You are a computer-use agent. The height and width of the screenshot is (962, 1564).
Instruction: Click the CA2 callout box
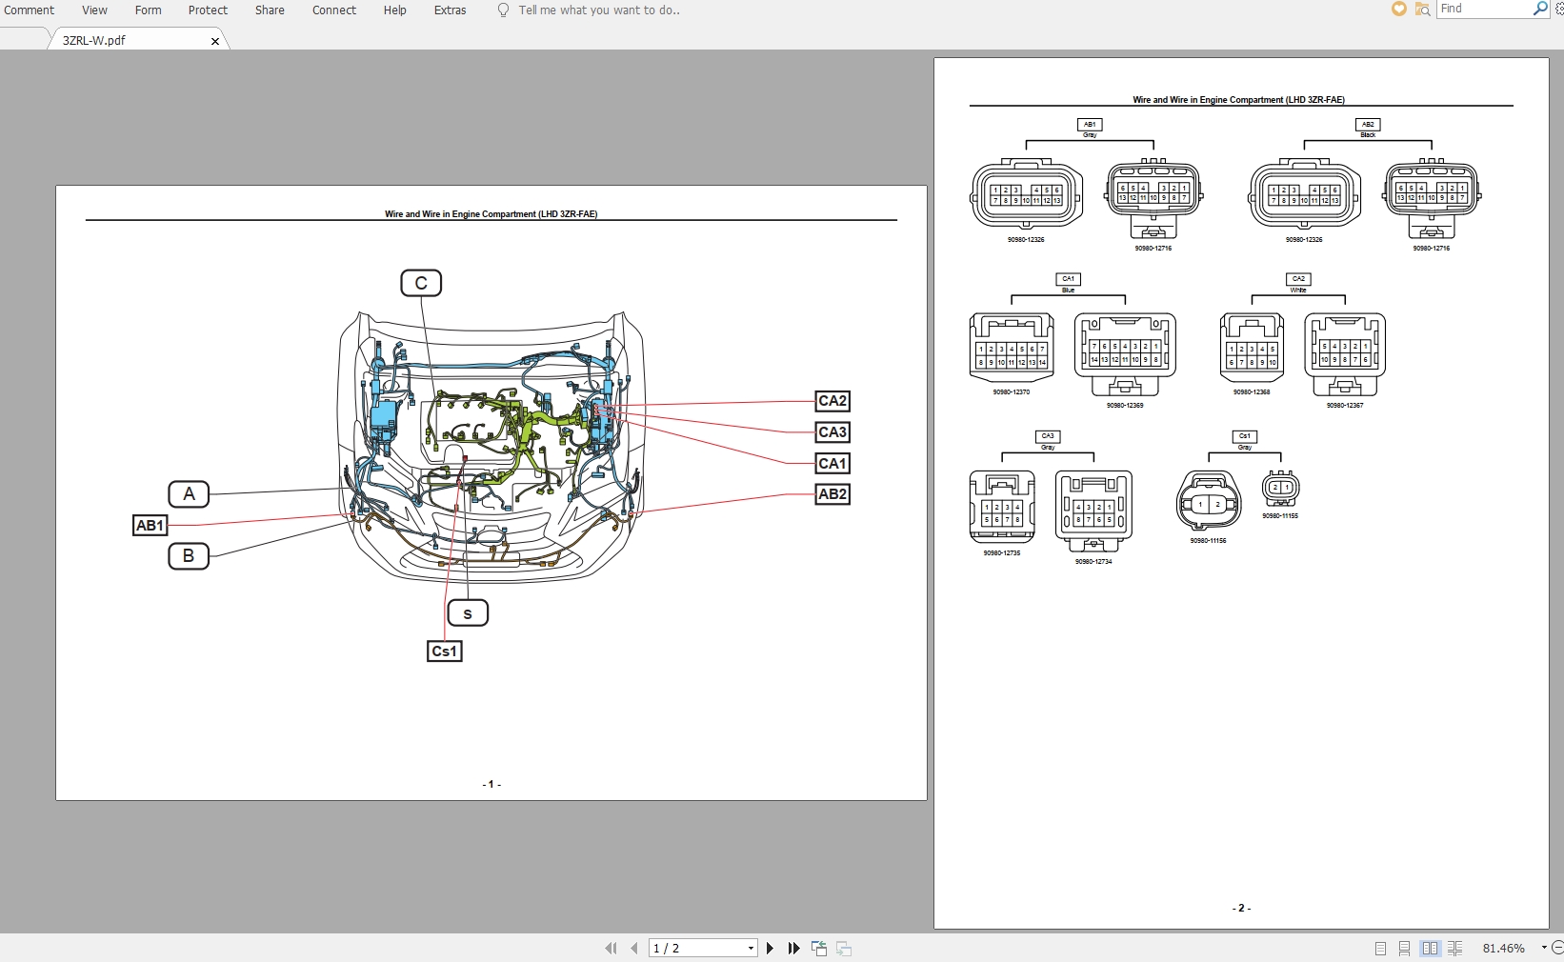tap(832, 401)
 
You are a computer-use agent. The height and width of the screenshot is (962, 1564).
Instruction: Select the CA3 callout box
tap(832, 432)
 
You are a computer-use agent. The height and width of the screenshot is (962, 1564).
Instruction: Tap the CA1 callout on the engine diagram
tap(832, 464)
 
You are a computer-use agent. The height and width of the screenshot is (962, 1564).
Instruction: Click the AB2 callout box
tap(832, 494)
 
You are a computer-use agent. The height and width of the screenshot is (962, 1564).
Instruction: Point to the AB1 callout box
tap(150, 526)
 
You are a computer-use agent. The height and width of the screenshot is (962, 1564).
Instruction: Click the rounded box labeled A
tap(189, 494)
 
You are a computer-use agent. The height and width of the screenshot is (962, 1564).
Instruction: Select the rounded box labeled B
tap(189, 556)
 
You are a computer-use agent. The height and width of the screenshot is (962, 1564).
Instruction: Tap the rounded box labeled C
tap(421, 283)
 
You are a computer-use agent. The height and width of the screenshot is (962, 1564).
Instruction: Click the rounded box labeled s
tap(468, 613)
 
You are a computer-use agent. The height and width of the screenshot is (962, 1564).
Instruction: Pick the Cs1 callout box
tap(445, 651)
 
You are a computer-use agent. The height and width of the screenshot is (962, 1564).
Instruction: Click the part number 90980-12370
tap(1011, 392)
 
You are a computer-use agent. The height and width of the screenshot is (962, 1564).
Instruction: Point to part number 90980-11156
tap(1208, 541)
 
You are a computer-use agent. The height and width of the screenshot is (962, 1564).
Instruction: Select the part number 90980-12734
tap(1093, 562)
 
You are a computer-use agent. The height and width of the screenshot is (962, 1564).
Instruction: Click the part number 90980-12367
tap(1344, 406)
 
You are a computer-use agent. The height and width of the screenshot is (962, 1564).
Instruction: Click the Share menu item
tap(270, 10)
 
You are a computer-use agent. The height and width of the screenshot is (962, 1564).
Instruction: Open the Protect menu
tap(208, 10)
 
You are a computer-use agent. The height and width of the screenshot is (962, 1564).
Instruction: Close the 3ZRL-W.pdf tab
tap(215, 41)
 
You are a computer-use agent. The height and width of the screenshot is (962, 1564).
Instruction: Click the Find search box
tap(1483, 9)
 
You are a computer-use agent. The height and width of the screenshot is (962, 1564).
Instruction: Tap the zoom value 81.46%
tap(1503, 949)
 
